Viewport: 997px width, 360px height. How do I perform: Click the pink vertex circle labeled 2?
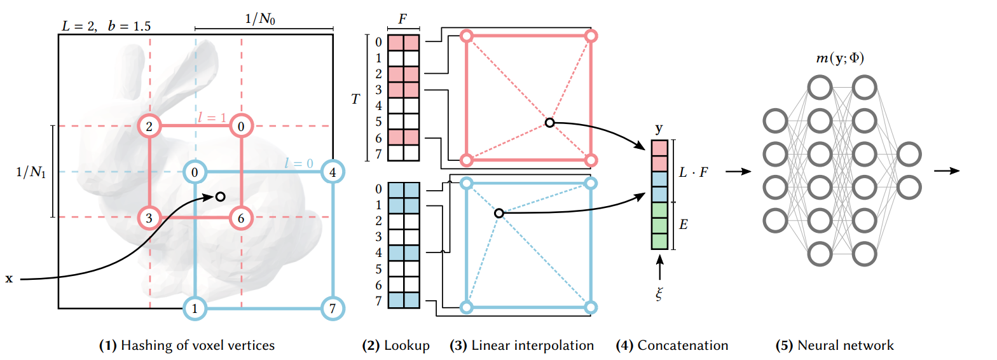click(x=149, y=127)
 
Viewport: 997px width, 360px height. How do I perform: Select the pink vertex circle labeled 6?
click(x=241, y=218)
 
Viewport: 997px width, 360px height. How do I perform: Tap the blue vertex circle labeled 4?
click(x=333, y=172)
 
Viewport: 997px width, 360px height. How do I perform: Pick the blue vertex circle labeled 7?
click(x=333, y=308)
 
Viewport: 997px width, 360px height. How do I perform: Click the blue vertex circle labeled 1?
click(x=195, y=308)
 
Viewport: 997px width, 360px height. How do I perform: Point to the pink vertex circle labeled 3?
click(x=149, y=218)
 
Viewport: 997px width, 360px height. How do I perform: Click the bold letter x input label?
click(x=9, y=279)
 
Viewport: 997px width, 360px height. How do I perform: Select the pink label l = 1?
click(x=212, y=117)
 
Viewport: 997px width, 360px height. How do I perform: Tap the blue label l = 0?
click(x=299, y=163)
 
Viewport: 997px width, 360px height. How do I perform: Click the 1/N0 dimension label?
click(x=261, y=18)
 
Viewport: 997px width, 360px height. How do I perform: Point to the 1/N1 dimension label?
click(x=31, y=172)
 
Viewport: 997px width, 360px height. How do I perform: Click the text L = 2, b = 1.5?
click(x=106, y=26)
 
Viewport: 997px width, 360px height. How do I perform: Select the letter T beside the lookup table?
click(x=355, y=99)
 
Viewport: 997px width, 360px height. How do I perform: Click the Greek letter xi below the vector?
click(x=659, y=294)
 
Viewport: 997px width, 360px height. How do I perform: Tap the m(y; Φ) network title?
click(x=839, y=58)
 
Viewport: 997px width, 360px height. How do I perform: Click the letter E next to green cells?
click(x=683, y=225)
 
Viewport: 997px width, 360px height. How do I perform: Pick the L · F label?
click(x=693, y=172)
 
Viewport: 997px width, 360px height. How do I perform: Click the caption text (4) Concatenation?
click(x=672, y=345)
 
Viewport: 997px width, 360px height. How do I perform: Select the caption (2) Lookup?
click(x=396, y=346)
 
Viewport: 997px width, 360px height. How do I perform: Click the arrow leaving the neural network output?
click(x=947, y=171)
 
